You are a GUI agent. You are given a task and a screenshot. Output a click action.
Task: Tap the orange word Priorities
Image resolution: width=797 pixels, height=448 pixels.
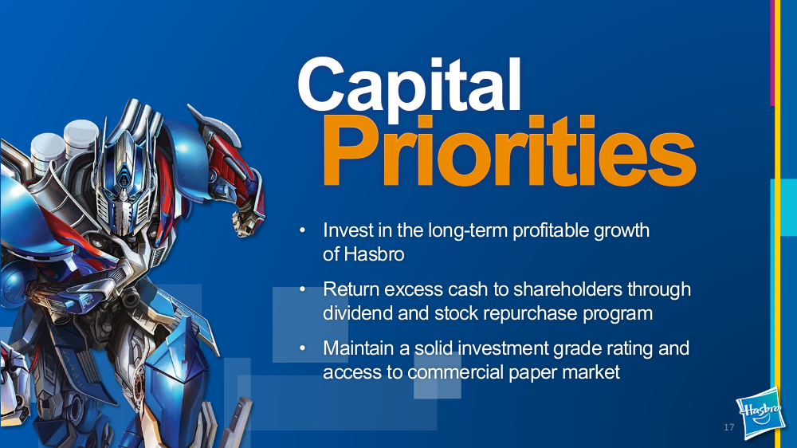509,151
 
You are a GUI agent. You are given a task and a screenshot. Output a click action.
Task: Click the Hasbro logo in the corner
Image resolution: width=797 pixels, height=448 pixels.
760,412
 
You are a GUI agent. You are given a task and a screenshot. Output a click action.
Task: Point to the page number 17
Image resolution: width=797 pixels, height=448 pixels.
729,427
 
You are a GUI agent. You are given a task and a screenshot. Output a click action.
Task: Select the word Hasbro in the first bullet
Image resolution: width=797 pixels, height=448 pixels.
374,254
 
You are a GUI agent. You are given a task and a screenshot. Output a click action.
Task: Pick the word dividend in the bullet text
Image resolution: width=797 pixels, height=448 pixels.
358,312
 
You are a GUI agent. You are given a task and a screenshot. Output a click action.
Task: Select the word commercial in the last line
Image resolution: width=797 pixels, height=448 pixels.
455,372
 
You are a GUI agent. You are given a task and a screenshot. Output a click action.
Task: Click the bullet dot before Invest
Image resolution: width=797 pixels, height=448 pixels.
302,231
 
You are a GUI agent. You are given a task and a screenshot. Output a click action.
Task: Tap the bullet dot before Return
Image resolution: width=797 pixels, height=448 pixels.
302,289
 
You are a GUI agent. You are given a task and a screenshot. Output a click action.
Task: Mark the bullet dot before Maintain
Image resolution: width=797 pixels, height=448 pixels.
302,348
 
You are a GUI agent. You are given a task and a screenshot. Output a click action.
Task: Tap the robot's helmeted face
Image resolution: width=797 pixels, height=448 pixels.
124,188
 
